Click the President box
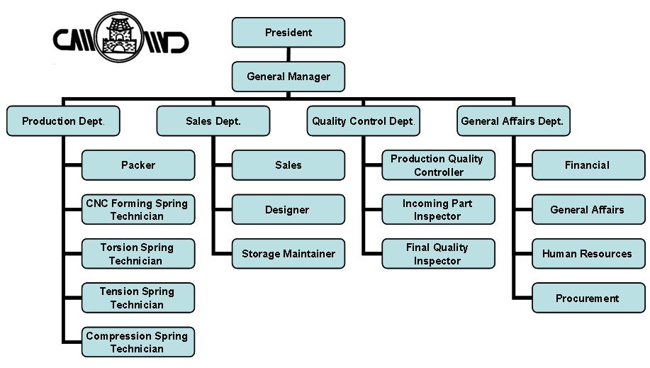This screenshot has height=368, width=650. click(x=288, y=33)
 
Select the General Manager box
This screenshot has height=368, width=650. click(x=288, y=77)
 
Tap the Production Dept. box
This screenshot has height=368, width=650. click(x=63, y=121)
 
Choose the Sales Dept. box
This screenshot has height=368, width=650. click(x=213, y=121)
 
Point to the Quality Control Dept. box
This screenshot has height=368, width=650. click(x=364, y=121)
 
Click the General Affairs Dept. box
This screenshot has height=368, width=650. click(x=514, y=121)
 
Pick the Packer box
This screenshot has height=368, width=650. click(x=138, y=165)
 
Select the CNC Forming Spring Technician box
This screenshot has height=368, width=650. click(x=138, y=209)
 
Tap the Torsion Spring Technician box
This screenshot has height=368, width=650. click(x=138, y=254)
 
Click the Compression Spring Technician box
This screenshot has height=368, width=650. click(x=138, y=342)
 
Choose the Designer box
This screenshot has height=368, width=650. click(x=288, y=209)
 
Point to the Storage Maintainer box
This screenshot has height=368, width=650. click(x=288, y=254)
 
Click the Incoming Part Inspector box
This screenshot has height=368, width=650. click(x=439, y=209)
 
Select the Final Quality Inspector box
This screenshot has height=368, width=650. click(x=439, y=254)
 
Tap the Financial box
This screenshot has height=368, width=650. click(x=588, y=165)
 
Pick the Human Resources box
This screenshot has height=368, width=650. click(x=588, y=254)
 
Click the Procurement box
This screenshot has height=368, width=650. click(x=588, y=298)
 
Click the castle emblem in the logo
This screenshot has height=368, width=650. click(x=119, y=37)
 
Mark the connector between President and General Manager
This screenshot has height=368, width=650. click(x=288, y=55)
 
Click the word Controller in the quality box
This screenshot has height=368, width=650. click(x=439, y=172)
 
